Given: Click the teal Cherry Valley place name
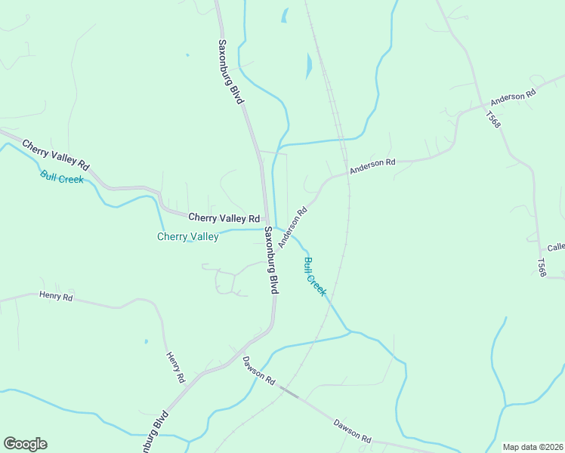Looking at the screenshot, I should [x=187, y=236].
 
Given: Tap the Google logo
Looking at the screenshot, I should [x=25, y=444].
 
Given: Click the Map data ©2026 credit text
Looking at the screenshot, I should [x=533, y=446].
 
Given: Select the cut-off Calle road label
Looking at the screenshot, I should [x=556, y=248].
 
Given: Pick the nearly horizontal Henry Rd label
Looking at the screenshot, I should [x=56, y=297].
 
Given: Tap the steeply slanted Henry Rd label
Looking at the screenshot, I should [x=175, y=366].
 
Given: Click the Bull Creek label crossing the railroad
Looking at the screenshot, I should [x=314, y=277].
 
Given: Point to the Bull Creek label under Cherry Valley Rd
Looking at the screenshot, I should [x=62, y=178].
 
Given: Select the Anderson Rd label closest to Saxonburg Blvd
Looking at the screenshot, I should [x=294, y=228].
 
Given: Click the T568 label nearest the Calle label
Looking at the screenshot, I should [x=541, y=267].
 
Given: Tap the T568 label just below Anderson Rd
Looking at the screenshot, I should [x=493, y=120].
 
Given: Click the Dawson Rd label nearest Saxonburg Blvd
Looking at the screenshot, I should [x=259, y=371].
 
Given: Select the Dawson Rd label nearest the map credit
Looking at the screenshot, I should [x=353, y=429].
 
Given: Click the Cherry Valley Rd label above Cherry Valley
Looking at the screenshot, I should [x=224, y=217].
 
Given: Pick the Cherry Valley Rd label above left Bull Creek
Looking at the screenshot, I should [x=56, y=154].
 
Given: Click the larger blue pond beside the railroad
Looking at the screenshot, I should [x=308, y=66].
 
